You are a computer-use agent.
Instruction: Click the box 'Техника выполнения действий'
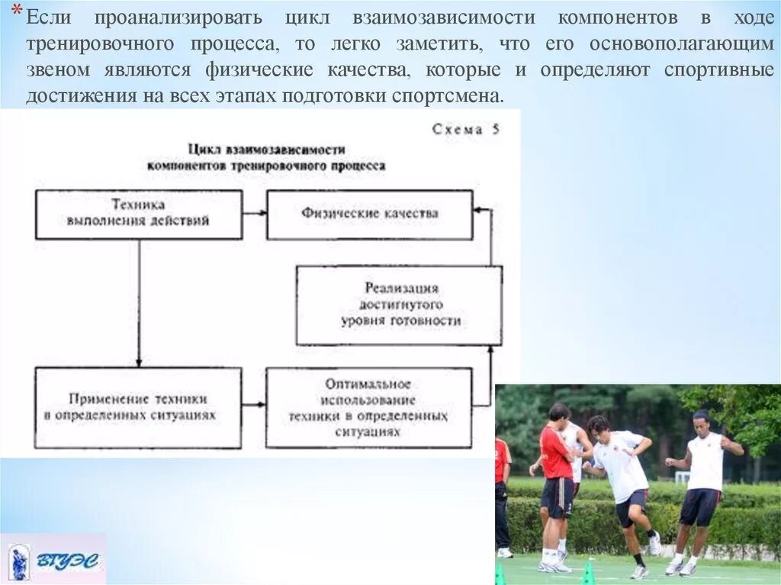tap(139, 214)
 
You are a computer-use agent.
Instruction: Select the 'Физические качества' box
tap(369, 214)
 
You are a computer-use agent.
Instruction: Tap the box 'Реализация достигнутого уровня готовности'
tap(399, 305)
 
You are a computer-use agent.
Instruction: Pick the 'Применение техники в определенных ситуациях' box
tap(138, 407)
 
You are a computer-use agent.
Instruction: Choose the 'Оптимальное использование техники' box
tap(368, 407)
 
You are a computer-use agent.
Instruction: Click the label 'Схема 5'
tap(466, 130)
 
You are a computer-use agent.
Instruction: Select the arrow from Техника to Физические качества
tap(254, 214)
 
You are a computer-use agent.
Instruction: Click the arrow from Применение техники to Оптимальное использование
tap(254, 405)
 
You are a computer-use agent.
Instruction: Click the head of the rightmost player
tap(701, 419)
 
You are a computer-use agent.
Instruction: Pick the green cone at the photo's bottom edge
tap(587, 573)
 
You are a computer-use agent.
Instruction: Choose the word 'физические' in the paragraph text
tap(259, 71)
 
